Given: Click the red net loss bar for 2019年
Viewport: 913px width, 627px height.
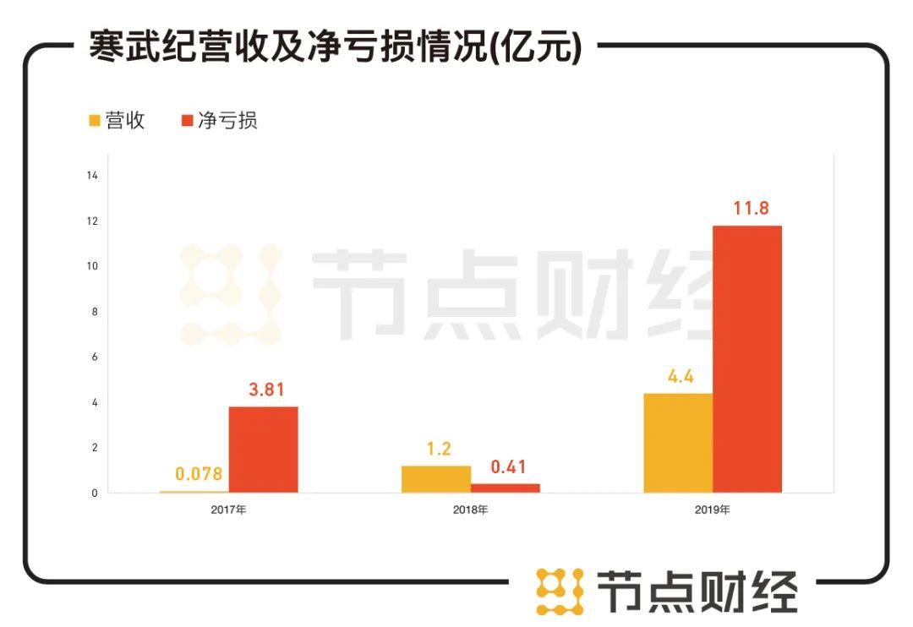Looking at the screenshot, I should pos(746,359).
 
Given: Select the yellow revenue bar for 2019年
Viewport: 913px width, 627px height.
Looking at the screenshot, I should pos(677,443).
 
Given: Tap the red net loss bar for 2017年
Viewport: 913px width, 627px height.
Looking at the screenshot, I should pos(263,450).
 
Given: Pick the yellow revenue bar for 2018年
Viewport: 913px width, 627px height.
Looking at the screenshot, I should pos(435,479).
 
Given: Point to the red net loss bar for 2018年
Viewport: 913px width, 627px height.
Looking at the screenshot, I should pos(505,488).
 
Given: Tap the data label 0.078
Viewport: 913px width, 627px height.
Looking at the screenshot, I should pos(198,474).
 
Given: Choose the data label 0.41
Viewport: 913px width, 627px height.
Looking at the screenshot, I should pos(507,466).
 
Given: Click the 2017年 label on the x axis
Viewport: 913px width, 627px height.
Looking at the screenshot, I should pos(228,510).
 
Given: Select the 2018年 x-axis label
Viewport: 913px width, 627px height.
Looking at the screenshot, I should pos(470,510).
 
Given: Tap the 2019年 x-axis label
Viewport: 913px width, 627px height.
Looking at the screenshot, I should pos(712,510).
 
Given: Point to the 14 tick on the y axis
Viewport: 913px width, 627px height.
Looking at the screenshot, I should pos(93,176).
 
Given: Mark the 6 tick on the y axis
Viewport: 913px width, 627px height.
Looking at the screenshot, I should pos(95,357).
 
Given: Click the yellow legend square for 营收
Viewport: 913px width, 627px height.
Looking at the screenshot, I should pos(95,121).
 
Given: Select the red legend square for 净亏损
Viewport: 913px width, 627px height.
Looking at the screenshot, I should pos(188,121).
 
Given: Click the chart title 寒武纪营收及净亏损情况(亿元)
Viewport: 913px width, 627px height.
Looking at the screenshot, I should pos(336,47).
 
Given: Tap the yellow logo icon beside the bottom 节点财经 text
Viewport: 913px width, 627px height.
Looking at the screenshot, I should pos(560,591).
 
